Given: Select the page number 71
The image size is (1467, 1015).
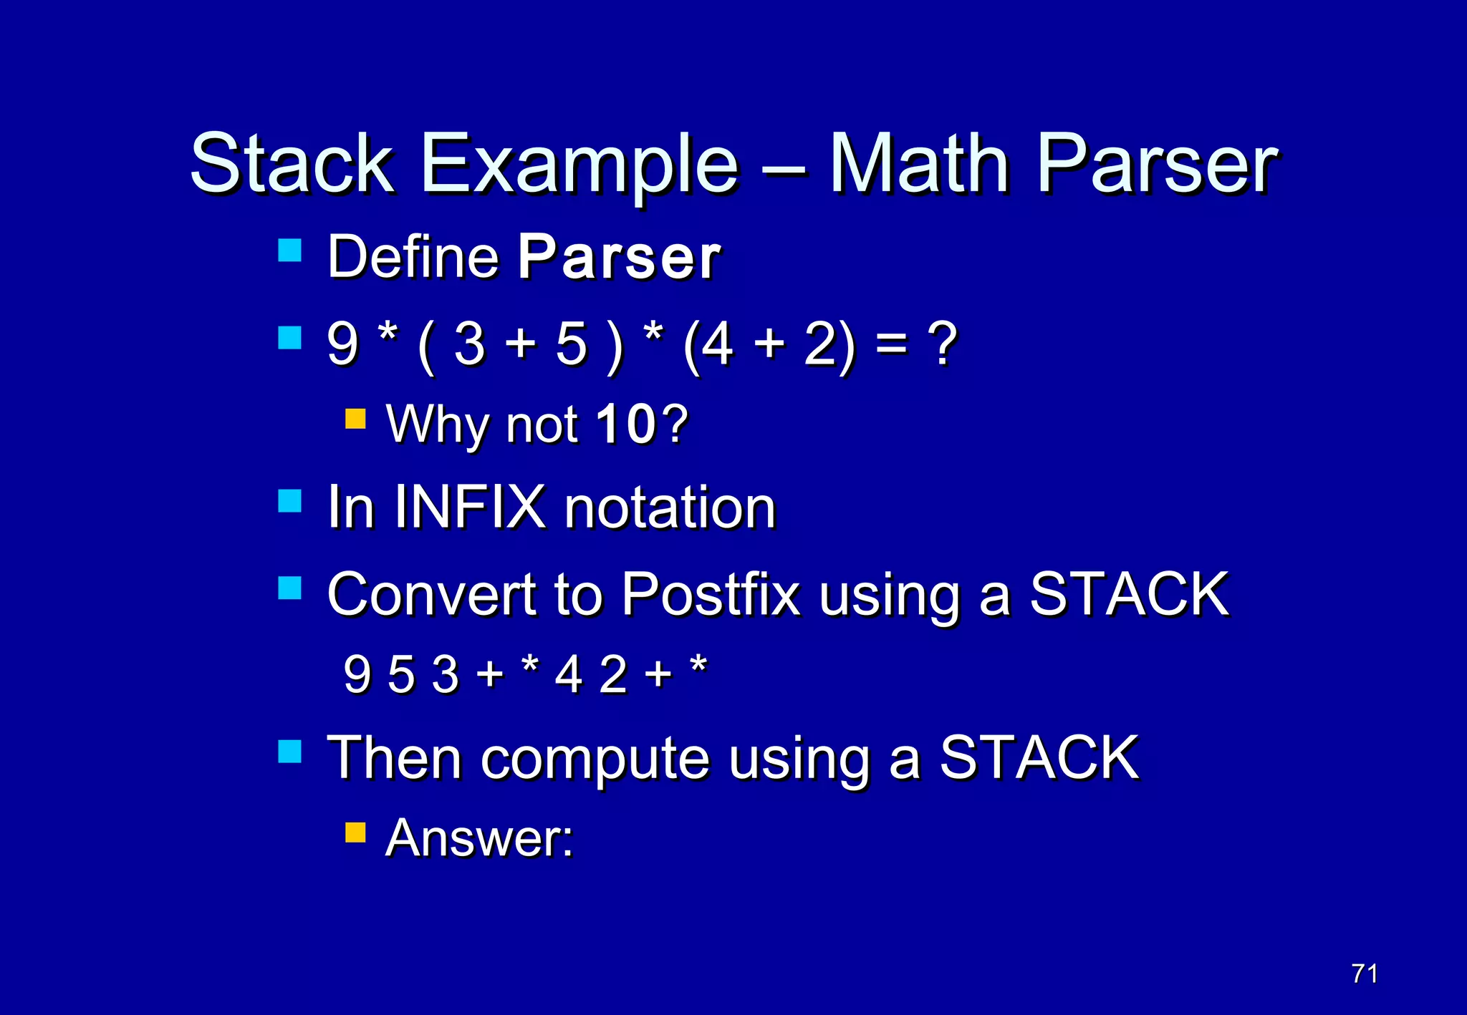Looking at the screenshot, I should tap(1364, 973).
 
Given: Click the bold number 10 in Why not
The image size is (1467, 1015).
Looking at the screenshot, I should tap(625, 424).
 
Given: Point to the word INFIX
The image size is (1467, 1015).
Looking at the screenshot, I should tap(469, 507).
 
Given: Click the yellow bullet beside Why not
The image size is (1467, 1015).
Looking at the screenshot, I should tap(355, 419).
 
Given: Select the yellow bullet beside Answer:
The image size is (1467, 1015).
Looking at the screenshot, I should tap(355, 832).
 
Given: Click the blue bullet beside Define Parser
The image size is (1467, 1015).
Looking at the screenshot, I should tap(289, 251).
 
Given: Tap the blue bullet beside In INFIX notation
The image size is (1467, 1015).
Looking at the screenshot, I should tap(289, 501).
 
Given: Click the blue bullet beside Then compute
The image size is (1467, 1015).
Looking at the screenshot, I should tap(289, 752).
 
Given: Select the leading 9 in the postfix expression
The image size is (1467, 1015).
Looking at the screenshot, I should tap(357, 674).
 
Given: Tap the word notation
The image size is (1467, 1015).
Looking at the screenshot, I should tap(670, 507).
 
